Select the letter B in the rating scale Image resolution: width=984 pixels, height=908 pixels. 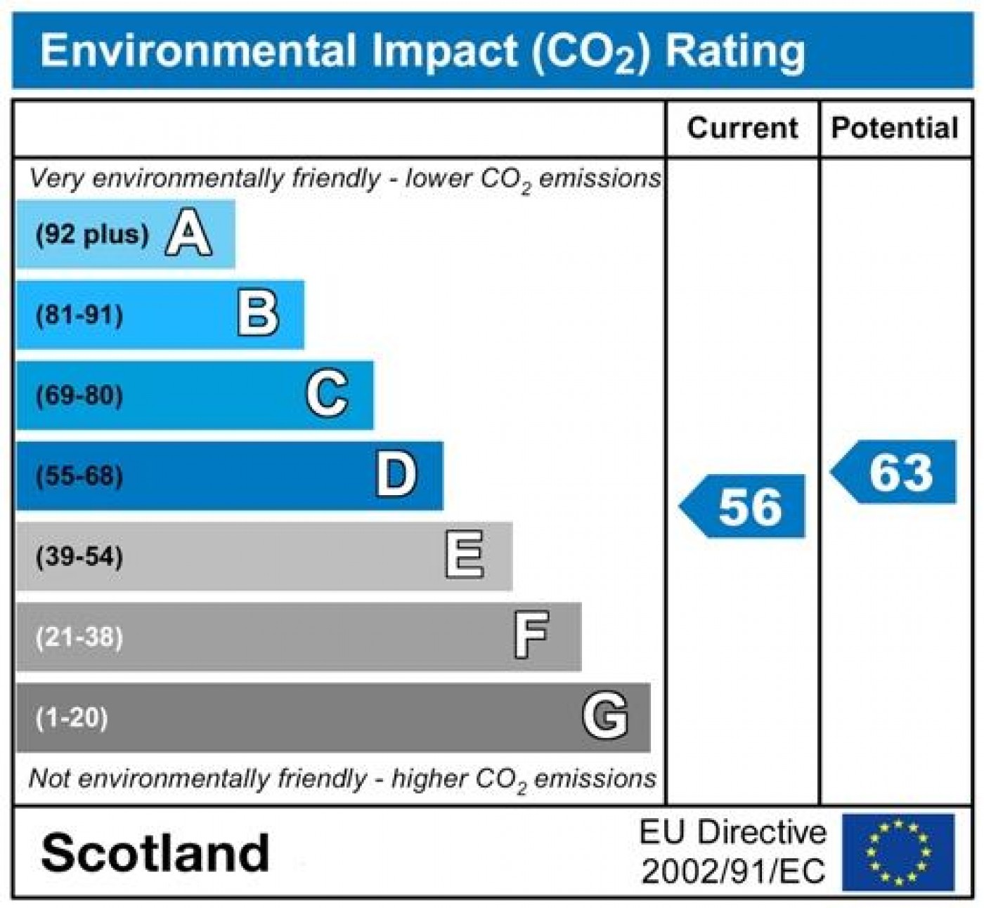click(258, 315)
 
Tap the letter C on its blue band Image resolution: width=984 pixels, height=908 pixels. click(327, 395)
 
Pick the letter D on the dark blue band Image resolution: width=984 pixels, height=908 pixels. click(396, 475)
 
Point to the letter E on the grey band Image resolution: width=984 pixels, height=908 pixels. click(465, 555)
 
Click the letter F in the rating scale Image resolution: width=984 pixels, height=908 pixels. click(531, 636)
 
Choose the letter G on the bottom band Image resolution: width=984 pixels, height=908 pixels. click(604, 716)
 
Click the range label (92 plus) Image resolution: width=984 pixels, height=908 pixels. click(92, 235)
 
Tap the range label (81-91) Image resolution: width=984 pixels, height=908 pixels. click(79, 315)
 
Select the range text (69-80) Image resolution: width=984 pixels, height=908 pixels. click(79, 395)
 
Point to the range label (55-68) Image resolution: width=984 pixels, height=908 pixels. click(79, 476)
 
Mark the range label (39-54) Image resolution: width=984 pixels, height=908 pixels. click(79, 557)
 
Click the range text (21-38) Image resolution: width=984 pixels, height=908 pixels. click(79, 638)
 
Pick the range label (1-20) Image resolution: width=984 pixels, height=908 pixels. click(72, 718)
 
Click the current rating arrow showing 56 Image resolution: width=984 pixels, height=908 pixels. click(744, 506)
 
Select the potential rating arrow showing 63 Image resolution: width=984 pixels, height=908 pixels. click(895, 472)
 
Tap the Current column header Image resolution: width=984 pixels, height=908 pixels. click(742, 129)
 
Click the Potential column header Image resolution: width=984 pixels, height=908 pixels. click(895, 129)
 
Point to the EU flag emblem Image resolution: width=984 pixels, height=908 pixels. click(898, 852)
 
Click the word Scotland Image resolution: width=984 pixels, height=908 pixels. click(155, 853)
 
